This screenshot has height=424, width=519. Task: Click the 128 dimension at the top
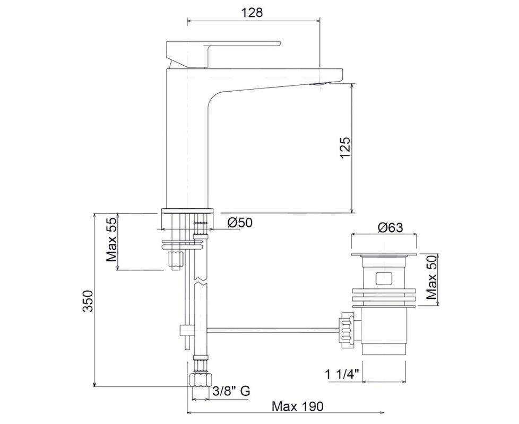pyautogui.click(x=252, y=12)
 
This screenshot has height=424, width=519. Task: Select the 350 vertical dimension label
pyautogui.click(x=88, y=301)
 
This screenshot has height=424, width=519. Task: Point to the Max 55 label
pyautogui.click(x=111, y=239)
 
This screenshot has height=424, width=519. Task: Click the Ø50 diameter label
pyautogui.click(x=240, y=223)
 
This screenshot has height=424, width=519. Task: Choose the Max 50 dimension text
pyautogui.click(x=432, y=278)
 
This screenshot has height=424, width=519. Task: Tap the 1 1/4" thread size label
pyautogui.click(x=342, y=375)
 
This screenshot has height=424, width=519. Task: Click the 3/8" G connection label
pyautogui.click(x=231, y=391)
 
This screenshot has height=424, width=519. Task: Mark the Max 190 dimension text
pyautogui.click(x=298, y=406)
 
